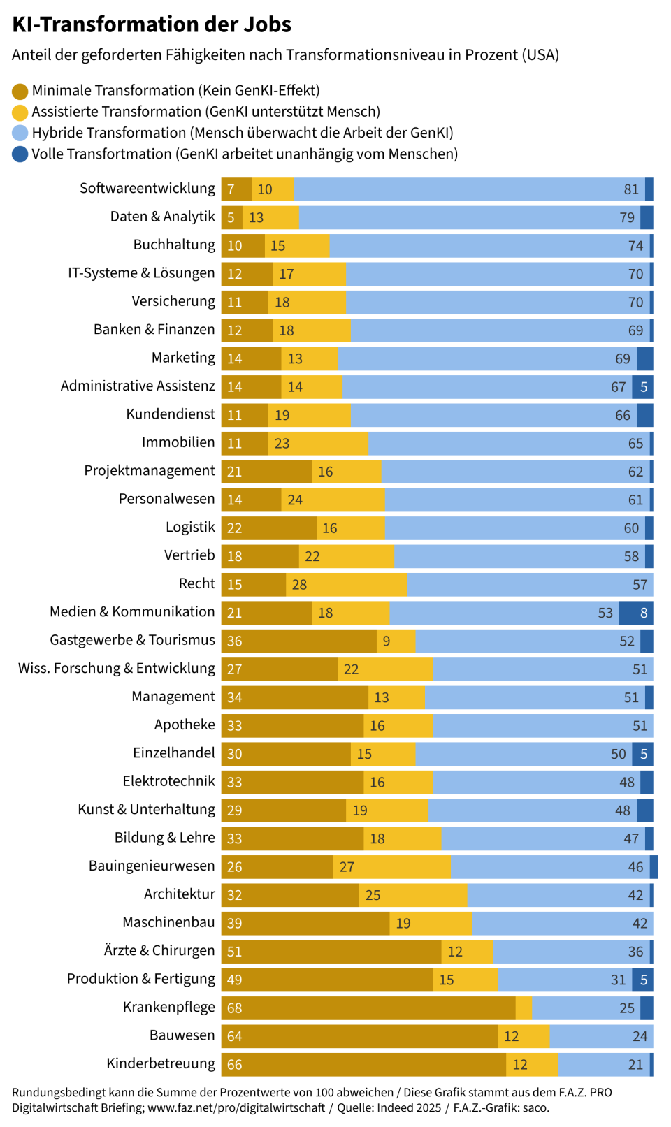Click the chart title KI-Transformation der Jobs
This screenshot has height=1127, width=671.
pos(152,24)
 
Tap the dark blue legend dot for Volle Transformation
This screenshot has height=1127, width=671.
pos(20,154)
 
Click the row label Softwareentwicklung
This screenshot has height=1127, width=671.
pos(147,189)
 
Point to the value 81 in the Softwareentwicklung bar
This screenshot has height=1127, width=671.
pos(631,189)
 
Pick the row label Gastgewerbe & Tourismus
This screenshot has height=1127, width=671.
pos(132,640)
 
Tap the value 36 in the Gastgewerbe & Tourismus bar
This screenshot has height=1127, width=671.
pos(235,641)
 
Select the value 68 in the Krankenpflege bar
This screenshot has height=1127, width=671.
pos(235,1008)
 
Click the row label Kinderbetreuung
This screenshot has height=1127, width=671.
pos(161,1063)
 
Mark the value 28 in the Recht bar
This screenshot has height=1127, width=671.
pos(299,585)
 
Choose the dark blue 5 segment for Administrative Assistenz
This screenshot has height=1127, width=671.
pos(643,387)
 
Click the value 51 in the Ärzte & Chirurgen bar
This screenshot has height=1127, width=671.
pos(235,952)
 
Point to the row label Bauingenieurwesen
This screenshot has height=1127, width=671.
pos(152,866)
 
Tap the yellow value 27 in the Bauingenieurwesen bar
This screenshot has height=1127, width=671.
pos(347,867)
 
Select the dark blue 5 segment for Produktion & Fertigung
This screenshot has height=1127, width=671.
pos(643,980)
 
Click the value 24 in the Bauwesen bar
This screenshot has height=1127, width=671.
pos(640,1036)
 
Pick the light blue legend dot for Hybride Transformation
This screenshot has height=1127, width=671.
pos(20,133)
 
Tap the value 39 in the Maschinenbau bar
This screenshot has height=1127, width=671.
pos(235,924)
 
